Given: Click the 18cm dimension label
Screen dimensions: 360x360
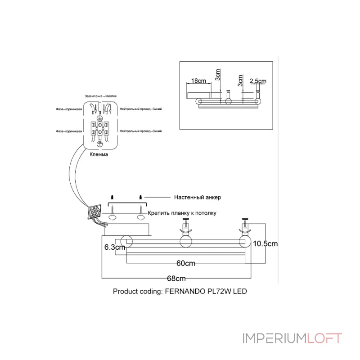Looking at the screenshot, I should tap(198, 81).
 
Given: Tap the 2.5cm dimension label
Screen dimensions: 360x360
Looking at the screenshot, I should tap(257, 81).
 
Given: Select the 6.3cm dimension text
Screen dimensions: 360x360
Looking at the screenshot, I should tap(114, 247).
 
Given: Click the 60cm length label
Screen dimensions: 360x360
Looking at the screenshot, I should tap(185, 263).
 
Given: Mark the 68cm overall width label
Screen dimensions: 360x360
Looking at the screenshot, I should tap(176, 279).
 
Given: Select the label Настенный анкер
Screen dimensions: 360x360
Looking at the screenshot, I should tap(197, 198).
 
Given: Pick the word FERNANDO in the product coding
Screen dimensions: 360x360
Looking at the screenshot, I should tap(184, 291).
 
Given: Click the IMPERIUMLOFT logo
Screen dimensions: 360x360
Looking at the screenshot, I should tap(292, 338).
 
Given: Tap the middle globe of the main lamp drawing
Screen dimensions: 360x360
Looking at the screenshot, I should tap(185, 242).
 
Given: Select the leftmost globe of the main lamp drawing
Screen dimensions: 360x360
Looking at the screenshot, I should tap(125, 242).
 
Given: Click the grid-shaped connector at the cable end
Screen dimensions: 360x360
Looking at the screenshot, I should tap(94, 212).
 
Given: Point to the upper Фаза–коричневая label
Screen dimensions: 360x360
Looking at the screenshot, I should tap(69, 109).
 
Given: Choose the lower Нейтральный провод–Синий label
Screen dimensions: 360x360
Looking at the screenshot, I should tap(141, 130).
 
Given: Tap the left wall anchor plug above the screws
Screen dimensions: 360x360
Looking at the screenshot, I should tap(112, 197).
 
